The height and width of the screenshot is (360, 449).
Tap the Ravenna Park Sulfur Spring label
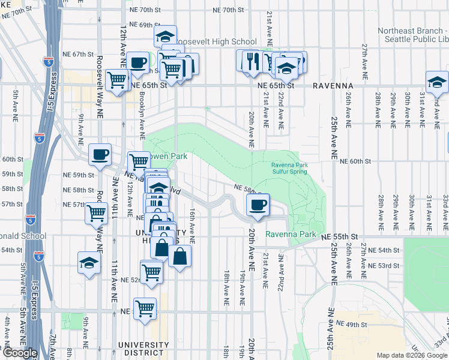pyautogui.click(x=289, y=168)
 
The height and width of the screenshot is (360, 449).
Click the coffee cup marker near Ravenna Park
pyautogui.click(x=258, y=205)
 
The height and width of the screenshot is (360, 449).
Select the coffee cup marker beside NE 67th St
pyautogui.click(x=137, y=62)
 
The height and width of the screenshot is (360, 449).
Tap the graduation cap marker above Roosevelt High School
pyautogui.click(x=165, y=36)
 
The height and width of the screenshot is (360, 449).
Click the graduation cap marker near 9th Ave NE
pyautogui.click(x=89, y=262)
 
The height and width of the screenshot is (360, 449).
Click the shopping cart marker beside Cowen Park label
pyautogui.click(x=139, y=161)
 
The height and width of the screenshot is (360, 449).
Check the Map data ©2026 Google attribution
pyautogui.click(x=412, y=355)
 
